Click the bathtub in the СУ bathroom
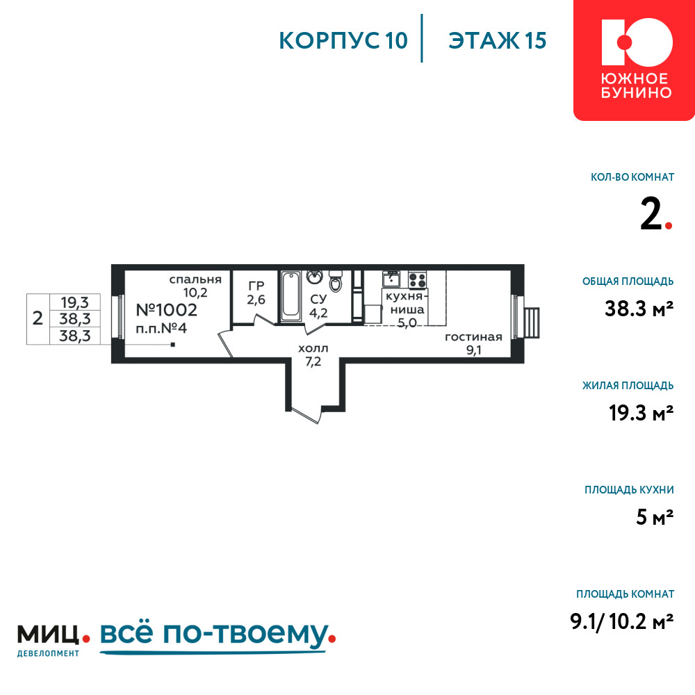click(291, 295)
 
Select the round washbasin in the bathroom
click(315, 277)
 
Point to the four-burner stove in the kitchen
click(417, 280)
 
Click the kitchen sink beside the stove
click(391, 279)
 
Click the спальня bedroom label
click(195, 279)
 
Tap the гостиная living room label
click(473, 337)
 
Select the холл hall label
click(313, 348)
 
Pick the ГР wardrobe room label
click(256, 286)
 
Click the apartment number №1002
click(166, 310)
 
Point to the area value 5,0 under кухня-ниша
click(407, 323)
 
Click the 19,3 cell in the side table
click(74, 303)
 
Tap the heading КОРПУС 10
click(343, 40)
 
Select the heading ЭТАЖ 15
click(498, 40)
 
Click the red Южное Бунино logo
click(634, 60)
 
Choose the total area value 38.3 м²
click(639, 309)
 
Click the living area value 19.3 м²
click(641, 413)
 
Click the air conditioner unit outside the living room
click(531, 323)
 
